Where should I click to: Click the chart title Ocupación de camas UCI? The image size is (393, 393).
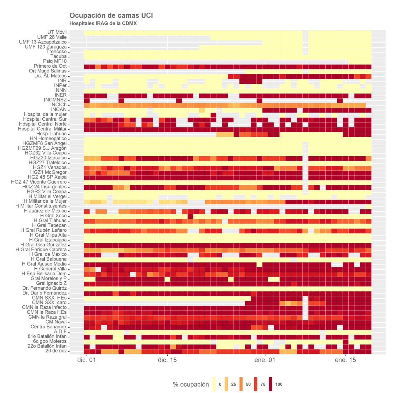111,15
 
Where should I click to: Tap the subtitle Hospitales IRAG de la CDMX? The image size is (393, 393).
103,24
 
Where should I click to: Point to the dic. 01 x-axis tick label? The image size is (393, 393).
86,360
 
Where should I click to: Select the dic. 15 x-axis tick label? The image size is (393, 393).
167,360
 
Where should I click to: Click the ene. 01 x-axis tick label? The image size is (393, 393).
265,360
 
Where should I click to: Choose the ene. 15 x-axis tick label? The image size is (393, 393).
345,360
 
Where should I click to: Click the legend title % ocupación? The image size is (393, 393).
191,385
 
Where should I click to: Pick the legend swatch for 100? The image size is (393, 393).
271,384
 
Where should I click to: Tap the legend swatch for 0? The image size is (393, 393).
214,384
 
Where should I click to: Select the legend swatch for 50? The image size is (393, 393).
241,384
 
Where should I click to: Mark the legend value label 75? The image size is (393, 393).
263,385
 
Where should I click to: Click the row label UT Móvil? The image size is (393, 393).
57,32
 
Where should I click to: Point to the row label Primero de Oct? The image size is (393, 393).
50,66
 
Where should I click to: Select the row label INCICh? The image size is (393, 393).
58,105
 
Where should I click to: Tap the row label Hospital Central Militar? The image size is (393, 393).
42,129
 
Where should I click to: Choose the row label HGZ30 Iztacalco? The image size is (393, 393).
48,158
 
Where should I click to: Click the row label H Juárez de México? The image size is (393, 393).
45,211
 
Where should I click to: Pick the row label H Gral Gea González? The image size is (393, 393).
44,245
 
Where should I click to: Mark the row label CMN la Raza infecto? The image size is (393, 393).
44,307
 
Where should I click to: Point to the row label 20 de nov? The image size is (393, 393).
56,351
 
